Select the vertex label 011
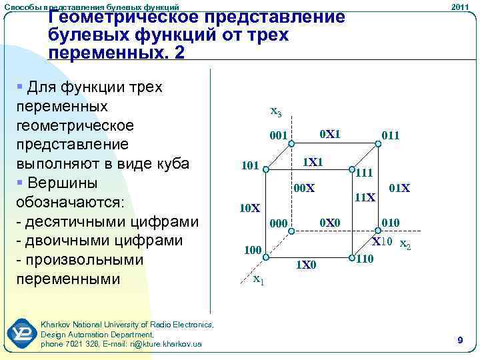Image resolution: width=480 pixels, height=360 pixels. coord(391,136)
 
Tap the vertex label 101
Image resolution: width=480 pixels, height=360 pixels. coord(251,165)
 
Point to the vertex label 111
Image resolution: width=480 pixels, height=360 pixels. coord(363,173)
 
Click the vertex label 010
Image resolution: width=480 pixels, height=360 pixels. coord(391,222)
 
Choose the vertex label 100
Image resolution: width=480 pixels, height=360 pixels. coord(252,251)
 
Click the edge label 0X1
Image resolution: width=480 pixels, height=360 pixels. coord(330,134)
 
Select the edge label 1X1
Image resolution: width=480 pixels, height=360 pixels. coord(313,162)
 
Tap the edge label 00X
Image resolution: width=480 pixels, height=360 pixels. coord(304,189)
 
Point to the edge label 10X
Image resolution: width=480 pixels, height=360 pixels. coord(249,208)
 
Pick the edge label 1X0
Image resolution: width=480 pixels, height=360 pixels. coord(306,266)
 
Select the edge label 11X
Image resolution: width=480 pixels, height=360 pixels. coord(365,197)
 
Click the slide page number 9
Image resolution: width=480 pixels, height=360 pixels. coord(460,341)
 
